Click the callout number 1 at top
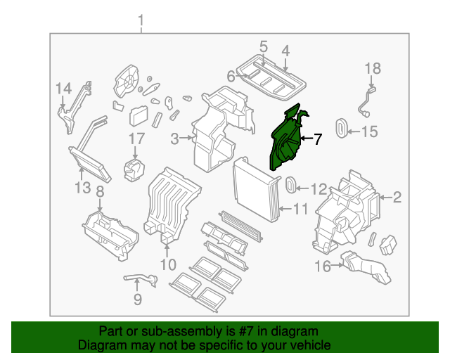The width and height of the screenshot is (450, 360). (x=141, y=20)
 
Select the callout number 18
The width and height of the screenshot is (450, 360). (x=372, y=68)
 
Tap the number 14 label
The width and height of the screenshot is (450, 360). (x=64, y=88)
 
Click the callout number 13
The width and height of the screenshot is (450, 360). (x=82, y=188)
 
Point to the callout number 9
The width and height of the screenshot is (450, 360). (x=138, y=300)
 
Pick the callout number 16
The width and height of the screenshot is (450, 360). (x=322, y=266)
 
